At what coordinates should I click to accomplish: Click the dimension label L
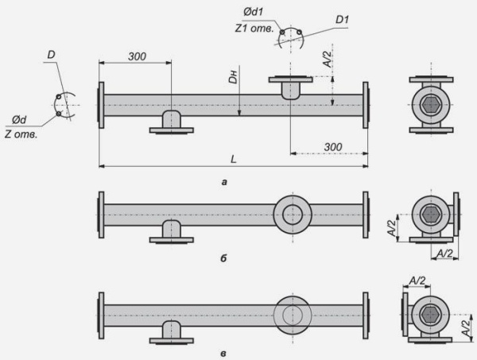(233, 159)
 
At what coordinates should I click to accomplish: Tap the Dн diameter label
(233, 77)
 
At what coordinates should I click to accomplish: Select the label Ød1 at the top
(253, 12)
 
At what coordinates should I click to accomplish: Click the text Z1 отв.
(254, 29)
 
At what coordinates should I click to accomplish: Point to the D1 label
(342, 20)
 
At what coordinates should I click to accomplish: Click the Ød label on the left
(19, 120)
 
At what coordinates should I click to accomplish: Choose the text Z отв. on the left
(21, 134)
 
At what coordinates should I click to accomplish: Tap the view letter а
(224, 183)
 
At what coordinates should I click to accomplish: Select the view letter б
(223, 258)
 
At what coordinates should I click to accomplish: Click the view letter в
(223, 354)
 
